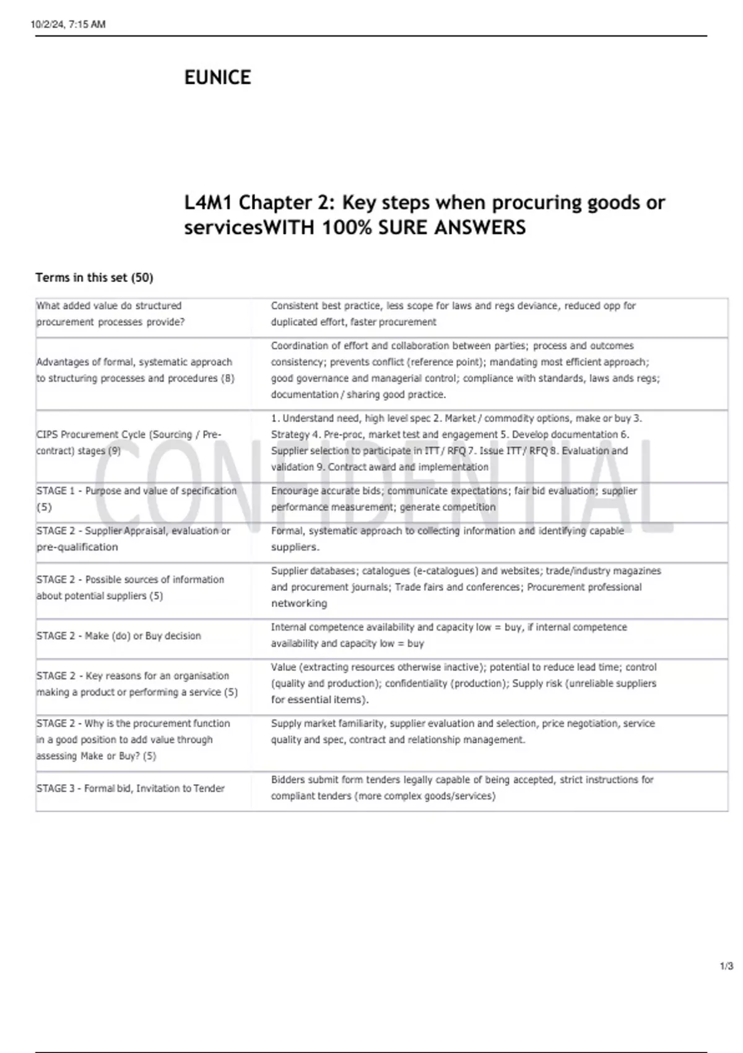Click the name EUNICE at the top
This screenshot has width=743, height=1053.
pos(217,77)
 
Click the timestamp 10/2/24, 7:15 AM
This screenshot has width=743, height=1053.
pos(68,25)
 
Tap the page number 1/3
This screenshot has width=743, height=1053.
pos(726,966)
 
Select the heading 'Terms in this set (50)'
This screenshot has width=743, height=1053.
pos(94,277)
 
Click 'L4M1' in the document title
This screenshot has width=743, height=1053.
pos(208,203)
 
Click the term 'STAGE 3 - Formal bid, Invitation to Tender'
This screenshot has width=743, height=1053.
pos(130,789)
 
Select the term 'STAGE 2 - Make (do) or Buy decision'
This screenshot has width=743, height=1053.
pos(118,636)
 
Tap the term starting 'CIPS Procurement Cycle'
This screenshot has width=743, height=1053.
pos(128,443)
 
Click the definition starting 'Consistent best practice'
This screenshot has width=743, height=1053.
pos(453,314)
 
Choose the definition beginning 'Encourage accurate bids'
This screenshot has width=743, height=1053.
pos(453,499)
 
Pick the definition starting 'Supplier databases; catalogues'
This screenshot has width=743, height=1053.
pos(466,587)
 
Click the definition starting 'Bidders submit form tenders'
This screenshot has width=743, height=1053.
pos(462,788)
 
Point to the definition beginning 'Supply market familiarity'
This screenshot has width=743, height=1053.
pos(463,732)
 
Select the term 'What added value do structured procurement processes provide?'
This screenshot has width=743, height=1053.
pos(110,314)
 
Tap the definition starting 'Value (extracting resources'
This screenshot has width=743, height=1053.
pos(463,683)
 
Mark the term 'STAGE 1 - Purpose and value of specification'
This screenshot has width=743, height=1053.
pos(136,499)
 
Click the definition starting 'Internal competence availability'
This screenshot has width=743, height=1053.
pos(448,636)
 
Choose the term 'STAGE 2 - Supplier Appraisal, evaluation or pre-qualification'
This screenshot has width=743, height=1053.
pos(133,539)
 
